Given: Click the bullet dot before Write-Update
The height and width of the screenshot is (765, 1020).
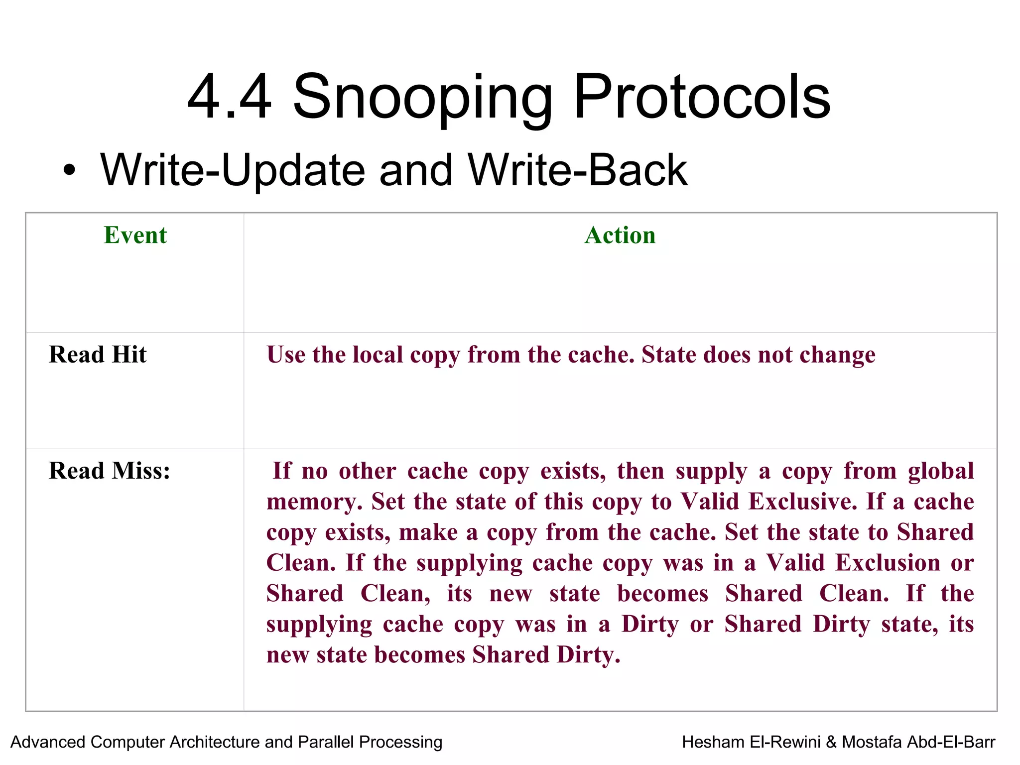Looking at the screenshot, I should tap(70, 171).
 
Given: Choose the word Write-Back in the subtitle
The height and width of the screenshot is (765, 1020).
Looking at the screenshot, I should tap(578, 171).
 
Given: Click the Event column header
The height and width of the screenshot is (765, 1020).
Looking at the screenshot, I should tap(135, 235).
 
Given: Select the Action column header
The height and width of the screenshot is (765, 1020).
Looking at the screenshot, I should tap(620, 235).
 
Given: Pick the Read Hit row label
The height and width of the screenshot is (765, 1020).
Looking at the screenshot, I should tap(98, 355).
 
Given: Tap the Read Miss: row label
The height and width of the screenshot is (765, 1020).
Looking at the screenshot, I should tap(110, 471).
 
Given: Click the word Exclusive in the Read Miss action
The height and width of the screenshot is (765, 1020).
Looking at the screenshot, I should tap(802, 502).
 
